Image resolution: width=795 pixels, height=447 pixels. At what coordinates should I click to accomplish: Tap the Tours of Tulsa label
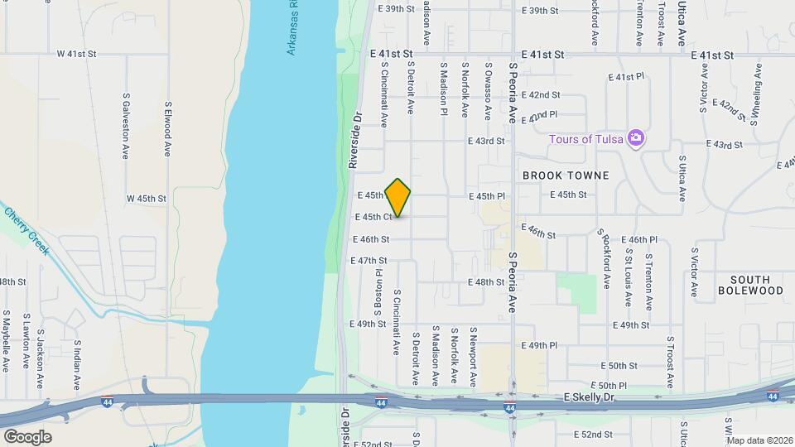(587, 139)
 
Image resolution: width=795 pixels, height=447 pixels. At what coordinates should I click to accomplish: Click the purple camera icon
(635, 137)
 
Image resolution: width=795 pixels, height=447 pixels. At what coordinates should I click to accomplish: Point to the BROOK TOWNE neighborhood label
(566, 175)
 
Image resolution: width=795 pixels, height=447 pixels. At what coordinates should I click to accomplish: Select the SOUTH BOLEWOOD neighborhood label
(750, 285)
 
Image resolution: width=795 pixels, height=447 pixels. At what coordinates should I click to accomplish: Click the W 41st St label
(77, 54)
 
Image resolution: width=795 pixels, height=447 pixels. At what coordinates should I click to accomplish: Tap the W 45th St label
(147, 199)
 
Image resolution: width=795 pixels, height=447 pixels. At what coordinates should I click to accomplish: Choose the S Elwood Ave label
(168, 129)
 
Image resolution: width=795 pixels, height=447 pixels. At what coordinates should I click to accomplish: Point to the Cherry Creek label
(27, 224)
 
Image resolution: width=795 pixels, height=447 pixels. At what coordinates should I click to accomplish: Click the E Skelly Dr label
(591, 398)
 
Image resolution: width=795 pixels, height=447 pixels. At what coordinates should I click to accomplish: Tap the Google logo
(27, 437)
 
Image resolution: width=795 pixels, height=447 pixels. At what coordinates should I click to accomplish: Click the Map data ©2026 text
(759, 440)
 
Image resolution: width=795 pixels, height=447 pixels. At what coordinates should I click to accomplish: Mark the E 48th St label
(486, 282)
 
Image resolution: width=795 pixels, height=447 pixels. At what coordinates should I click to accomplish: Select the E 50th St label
(618, 365)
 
